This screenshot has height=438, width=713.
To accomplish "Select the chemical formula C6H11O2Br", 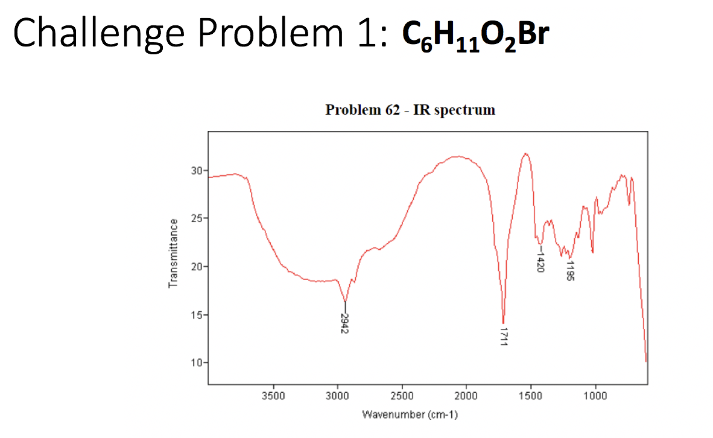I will tap(475, 36).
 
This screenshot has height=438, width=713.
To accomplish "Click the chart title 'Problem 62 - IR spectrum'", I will tap(410, 110).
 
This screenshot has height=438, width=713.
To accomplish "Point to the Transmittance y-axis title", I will tap(174, 253).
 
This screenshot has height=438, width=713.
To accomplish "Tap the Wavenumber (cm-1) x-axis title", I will tap(410, 414).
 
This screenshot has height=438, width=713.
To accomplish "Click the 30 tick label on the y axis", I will tap(195, 170).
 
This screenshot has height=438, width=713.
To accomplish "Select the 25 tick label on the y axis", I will tap(195, 218).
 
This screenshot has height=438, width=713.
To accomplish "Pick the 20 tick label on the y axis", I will tap(195, 267).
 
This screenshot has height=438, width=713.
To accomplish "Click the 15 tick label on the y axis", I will tap(195, 315).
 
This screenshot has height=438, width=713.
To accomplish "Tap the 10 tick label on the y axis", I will tap(195, 363).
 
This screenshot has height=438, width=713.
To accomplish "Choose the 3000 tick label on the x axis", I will tap(338, 395).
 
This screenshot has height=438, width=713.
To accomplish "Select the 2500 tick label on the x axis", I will tap(402, 395).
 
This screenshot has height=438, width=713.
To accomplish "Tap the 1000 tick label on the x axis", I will tap(595, 395).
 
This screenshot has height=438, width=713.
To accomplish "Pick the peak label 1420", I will tap(540, 262).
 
